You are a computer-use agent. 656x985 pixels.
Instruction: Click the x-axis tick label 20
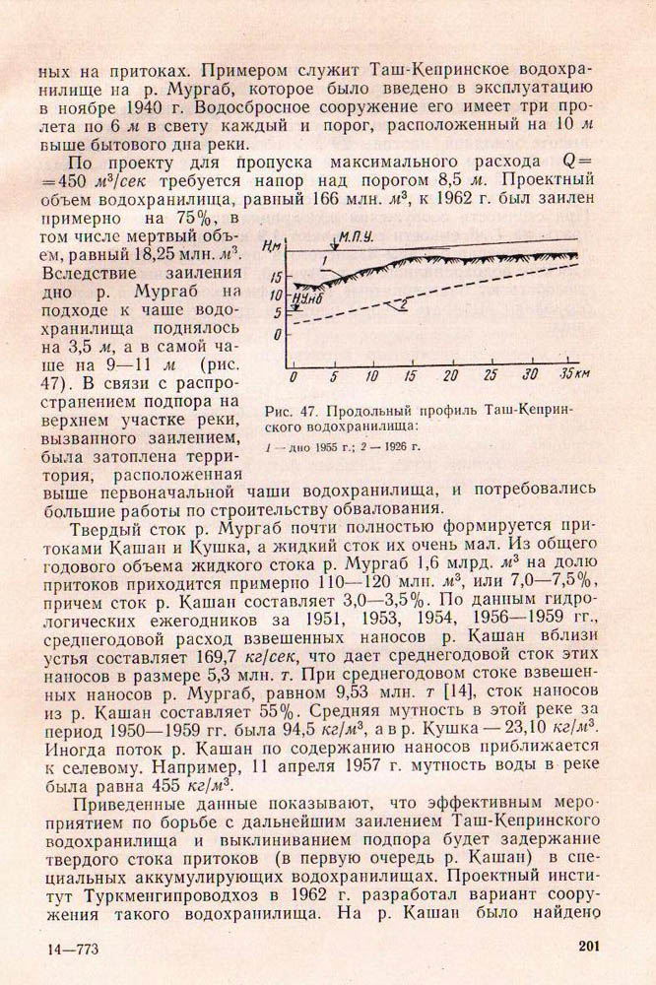click(x=451, y=377)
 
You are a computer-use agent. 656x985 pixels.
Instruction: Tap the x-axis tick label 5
click(x=334, y=377)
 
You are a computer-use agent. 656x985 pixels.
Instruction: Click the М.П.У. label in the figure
click(x=357, y=238)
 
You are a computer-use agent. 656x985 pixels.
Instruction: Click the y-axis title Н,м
click(x=275, y=245)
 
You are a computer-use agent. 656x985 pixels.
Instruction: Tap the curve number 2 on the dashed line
click(x=402, y=305)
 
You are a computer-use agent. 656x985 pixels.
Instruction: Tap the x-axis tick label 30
click(x=529, y=377)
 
